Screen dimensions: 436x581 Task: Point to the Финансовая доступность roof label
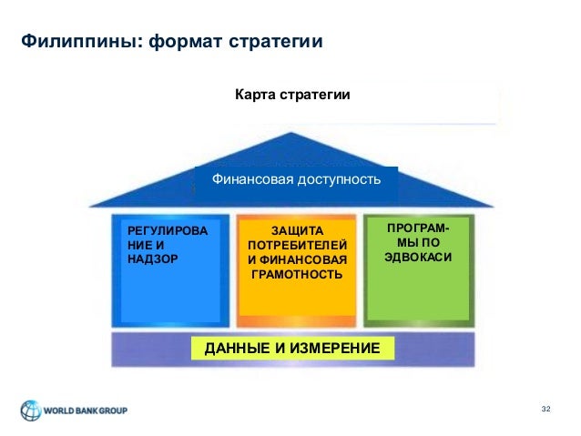coord(296,179)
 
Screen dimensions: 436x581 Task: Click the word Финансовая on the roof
coord(254,179)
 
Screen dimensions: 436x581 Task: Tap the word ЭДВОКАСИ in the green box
coord(418,258)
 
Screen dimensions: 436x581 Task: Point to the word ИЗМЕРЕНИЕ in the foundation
coord(324,348)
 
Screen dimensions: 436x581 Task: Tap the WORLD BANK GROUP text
coord(87,411)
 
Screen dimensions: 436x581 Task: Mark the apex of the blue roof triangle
coord(293,134)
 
